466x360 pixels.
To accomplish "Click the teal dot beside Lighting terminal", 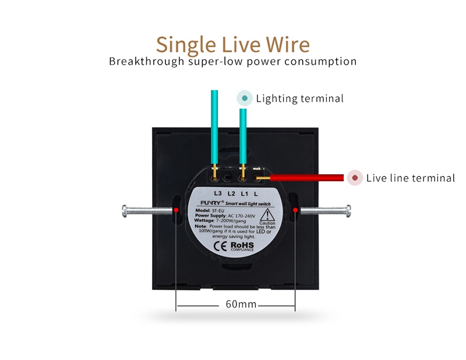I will [245, 98].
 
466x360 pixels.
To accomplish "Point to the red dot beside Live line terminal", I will [354, 178].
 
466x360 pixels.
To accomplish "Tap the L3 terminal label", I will [217, 193].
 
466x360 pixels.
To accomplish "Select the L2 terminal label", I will [231, 193].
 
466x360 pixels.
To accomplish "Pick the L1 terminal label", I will [245, 193].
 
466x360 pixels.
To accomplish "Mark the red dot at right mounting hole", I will [295, 209].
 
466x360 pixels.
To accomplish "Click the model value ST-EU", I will [218, 210].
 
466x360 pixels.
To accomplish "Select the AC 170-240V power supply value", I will [238, 216].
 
